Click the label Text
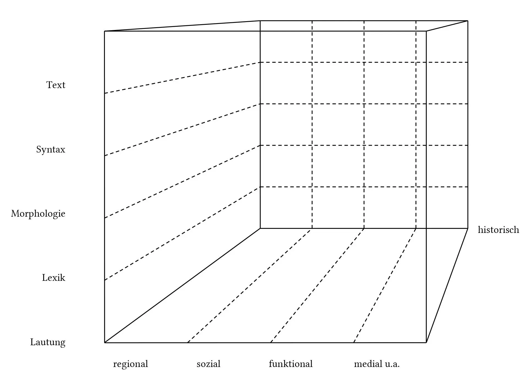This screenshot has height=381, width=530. pyautogui.click(x=56, y=85)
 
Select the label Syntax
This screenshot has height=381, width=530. pyautogui.click(x=51, y=150)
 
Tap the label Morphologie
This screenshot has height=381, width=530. pyautogui.click(x=38, y=214)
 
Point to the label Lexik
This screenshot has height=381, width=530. pyautogui.click(x=54, y=278)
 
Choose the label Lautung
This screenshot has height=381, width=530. pyautogui.click(x=48, y=342)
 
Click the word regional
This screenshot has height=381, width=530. pyautogui.click(x=131, y=364)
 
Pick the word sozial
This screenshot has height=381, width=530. pyautogui.click(x=208, y=364)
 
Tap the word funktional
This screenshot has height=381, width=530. pyautogui.click(x=291, y=364)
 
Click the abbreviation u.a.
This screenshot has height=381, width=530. pyautogui.click(x=392, y=364)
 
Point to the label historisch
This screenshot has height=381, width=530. pyautogui.click(x=498, y=230)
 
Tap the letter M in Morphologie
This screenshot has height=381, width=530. pyautogui.click(x=15, y=214)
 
